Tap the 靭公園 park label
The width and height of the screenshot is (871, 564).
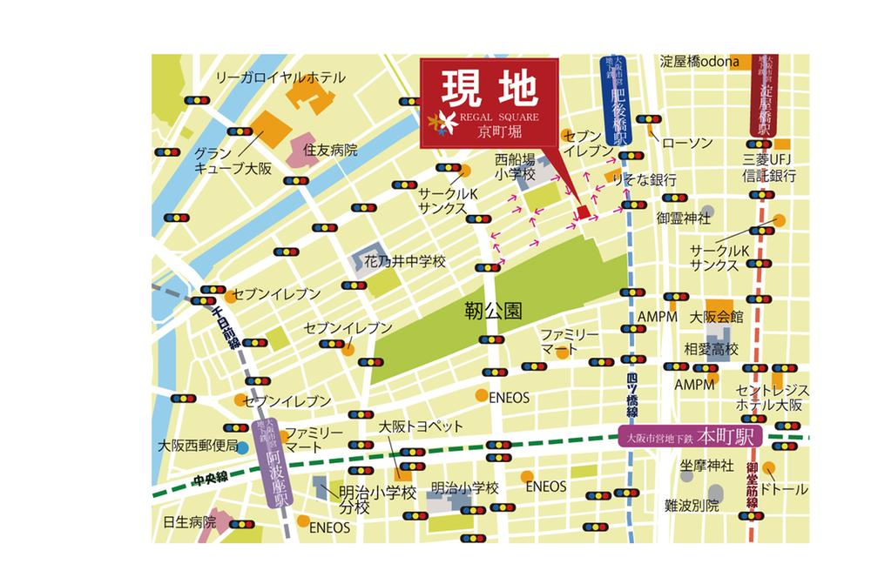(x=493, y=311)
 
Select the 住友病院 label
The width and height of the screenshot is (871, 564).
(x=330, y=150)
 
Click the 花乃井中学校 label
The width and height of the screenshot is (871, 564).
(x=404, y=260)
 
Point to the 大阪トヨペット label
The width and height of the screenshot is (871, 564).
(x=409, y=428)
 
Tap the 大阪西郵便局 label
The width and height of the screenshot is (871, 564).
(x=198, y=445)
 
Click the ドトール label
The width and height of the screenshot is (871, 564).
(x=784, y=489)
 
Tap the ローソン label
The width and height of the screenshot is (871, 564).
(x=687, y=142)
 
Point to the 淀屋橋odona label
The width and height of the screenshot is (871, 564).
(x=699, y=62)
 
